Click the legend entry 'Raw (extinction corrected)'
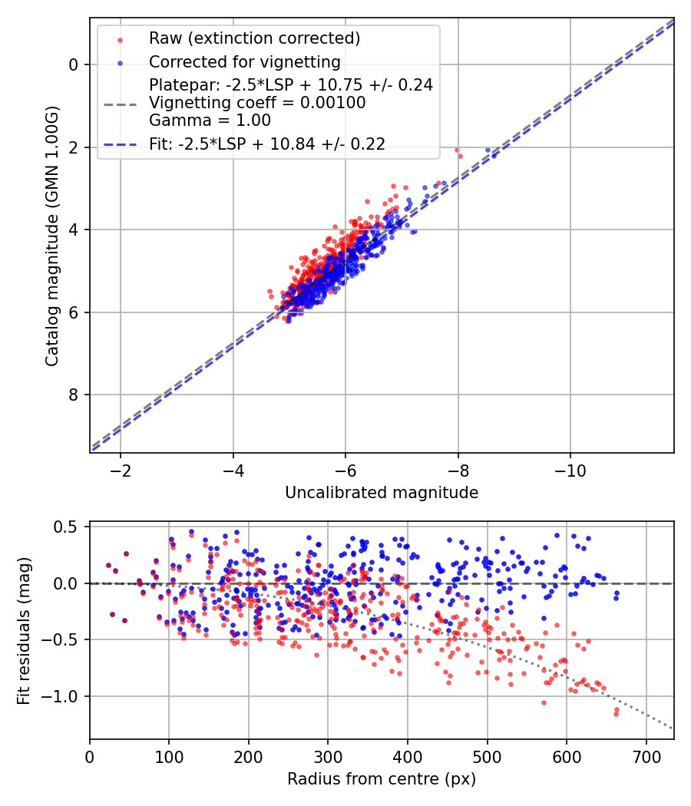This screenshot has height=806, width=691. (254, 38)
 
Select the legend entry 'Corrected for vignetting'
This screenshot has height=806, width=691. (245, 61)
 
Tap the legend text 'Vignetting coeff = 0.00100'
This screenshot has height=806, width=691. (257, 103)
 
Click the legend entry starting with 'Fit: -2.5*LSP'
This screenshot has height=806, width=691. (266, 144)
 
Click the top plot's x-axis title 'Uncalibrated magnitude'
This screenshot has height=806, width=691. (382, 493)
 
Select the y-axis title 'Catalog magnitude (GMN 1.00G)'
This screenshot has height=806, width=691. (52, 235)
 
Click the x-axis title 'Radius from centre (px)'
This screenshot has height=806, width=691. (382, 779)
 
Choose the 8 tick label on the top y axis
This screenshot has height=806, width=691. (74, 395)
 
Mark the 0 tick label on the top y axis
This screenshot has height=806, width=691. (74, 64)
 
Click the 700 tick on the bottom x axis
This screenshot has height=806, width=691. (646, 755)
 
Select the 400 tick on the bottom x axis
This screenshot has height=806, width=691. (408, 755)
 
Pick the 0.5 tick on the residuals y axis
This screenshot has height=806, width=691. (69, 527)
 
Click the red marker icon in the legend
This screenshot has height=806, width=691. (120, 38)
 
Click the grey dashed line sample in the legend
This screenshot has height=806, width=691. (120, 103)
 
